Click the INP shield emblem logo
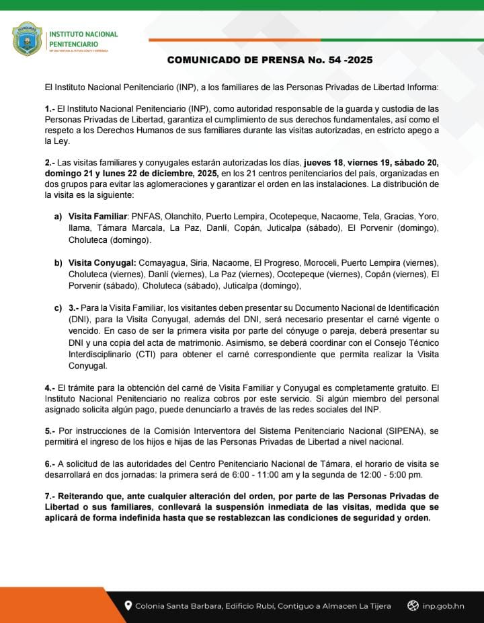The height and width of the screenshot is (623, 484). pos(27,39)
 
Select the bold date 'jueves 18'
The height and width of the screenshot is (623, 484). pos(325,162)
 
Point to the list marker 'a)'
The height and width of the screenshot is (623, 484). pos(58,216)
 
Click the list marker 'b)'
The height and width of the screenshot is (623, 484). pos(58,262)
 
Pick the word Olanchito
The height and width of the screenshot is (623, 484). pos(182,216)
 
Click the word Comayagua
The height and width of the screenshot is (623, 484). pos(160,262)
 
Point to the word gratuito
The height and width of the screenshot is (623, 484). pos(407,388)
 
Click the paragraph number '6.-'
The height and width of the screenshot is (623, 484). pos(50,464)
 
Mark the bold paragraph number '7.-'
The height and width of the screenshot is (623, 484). pos(50,497)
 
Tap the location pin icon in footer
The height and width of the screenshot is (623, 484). pos(128,606)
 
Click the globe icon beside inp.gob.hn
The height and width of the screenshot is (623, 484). pos(413,606)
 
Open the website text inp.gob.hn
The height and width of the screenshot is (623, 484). pos(444,606)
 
